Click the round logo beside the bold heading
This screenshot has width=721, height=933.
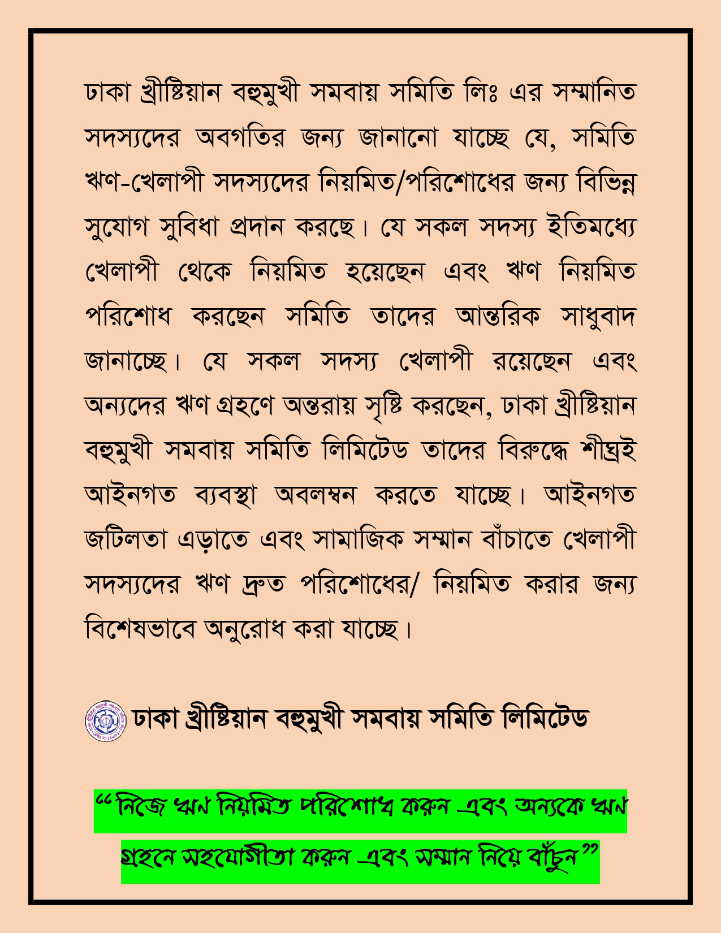[106, 721]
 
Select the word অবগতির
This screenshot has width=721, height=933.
[240, 137]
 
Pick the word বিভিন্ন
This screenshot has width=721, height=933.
[606, 182]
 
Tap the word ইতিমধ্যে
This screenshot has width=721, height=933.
[592, 226]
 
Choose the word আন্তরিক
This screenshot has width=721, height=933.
[498, 316]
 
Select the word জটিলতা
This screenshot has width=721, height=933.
[126, 539]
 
